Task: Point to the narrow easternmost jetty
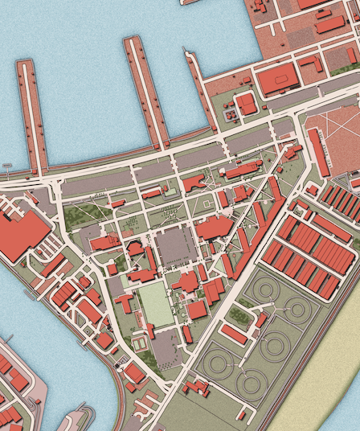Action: click(202, 92)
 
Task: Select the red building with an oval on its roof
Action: click(276, 80)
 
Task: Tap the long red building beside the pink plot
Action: click(318, 151)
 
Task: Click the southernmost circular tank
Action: click(250, 384)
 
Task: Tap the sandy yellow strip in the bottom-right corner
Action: click(321, 394)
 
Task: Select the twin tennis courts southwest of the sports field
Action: click(139, 344)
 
